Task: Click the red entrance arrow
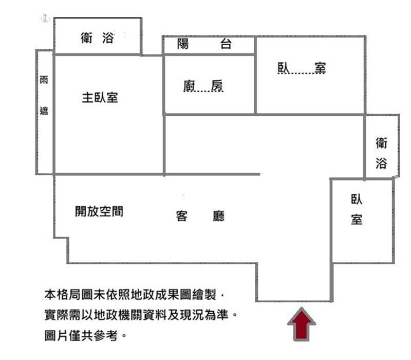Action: [302, 325]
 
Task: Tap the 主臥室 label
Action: [100, 98]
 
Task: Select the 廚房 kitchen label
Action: [203, 86]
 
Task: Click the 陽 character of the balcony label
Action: [183, 44]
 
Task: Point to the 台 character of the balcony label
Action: [226, 44]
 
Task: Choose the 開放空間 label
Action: [99, 211]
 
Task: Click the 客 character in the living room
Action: [182, 216]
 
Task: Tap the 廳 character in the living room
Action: [219, 216]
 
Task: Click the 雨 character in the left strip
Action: [44, 80]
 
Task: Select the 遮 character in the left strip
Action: [44, 111]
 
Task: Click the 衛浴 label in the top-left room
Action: [97, 38]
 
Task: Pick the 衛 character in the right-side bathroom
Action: [381, 143]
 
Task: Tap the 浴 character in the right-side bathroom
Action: [381, 163]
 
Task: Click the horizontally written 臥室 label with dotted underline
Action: [302, 68]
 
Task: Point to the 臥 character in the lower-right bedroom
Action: [357, 199]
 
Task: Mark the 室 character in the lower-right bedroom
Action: [357, 220]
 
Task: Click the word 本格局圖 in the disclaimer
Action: [69, 295]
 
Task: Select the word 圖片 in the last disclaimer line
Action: [57, 336]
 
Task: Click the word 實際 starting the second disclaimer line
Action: [57, 315]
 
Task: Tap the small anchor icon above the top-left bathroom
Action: [45, 19]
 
